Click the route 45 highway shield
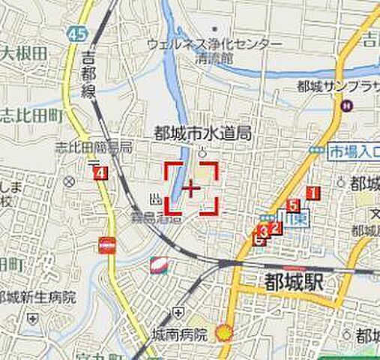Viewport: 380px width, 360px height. [76, 34]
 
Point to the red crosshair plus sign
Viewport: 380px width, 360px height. [192, 188]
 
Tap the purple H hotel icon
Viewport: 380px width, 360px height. [347, 107]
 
